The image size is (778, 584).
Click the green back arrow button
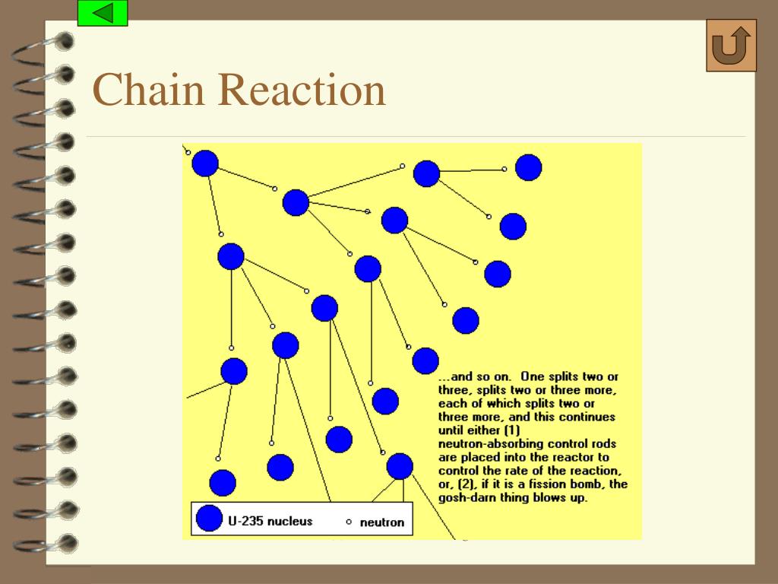pos(103,13)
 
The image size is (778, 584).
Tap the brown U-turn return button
pos(731,46)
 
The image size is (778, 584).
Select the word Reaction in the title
pos(303,90)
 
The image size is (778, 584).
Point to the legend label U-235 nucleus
pos(270,522)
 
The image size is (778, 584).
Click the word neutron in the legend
pos(381,523)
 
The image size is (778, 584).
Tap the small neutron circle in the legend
pos(349,522)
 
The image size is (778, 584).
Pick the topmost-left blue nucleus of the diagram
pos(205,163)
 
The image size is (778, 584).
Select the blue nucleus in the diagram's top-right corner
pos(529,167)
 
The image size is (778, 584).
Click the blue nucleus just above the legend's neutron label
pos(400,466)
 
